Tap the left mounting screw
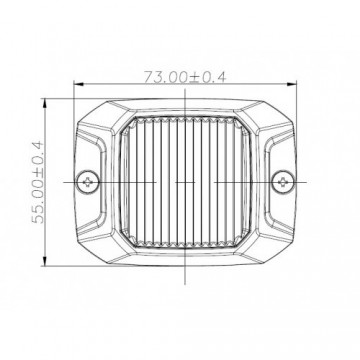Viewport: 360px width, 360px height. pyautogui.click(x=91, y=182)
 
